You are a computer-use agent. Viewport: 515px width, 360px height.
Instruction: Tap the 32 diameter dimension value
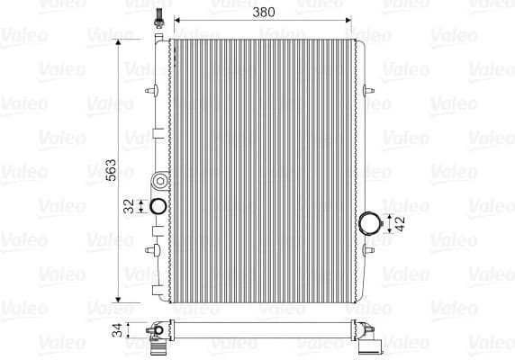click(129, 206)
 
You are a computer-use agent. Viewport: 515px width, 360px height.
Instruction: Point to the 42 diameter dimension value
click(400, 223)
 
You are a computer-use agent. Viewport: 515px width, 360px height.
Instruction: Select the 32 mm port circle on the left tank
click(157, 206)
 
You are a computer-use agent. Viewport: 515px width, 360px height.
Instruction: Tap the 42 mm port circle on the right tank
click(370, 222)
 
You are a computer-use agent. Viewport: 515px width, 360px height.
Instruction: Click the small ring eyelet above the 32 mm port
click(159, 177)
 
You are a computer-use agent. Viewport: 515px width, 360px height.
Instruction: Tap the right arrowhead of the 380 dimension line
click(348, 19)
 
